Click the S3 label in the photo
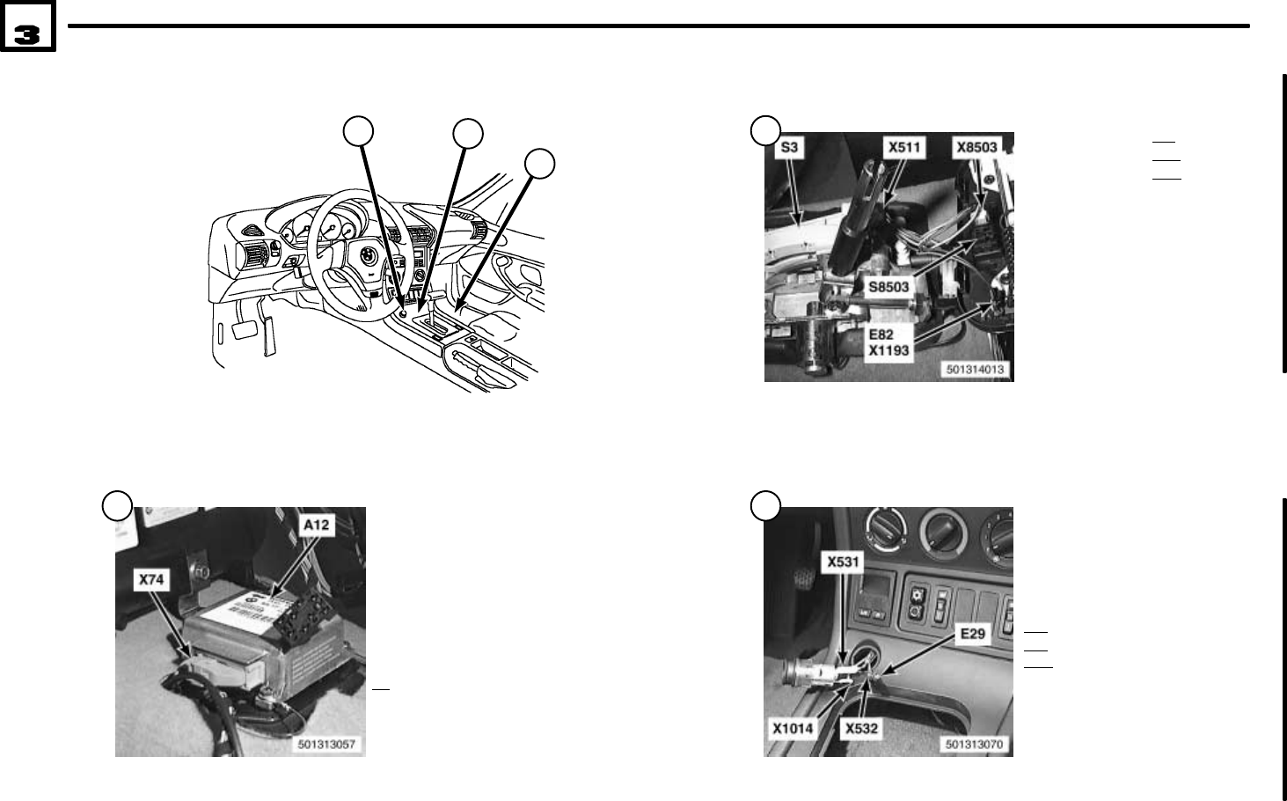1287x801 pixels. (x=789, y=147)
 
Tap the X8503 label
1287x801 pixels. (x=977, y=147)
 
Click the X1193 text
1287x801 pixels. (x=889, y=349)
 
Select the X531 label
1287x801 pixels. (x=843, y=560)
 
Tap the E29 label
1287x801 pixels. (x=973, y=634)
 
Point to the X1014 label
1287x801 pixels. (x=793, y=728)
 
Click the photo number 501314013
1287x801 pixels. (x=976, y=371)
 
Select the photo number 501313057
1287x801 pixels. (x=327, y=745)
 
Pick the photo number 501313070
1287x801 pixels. (x=976, y=745)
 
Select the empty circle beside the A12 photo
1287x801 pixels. (x=116, y=505)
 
